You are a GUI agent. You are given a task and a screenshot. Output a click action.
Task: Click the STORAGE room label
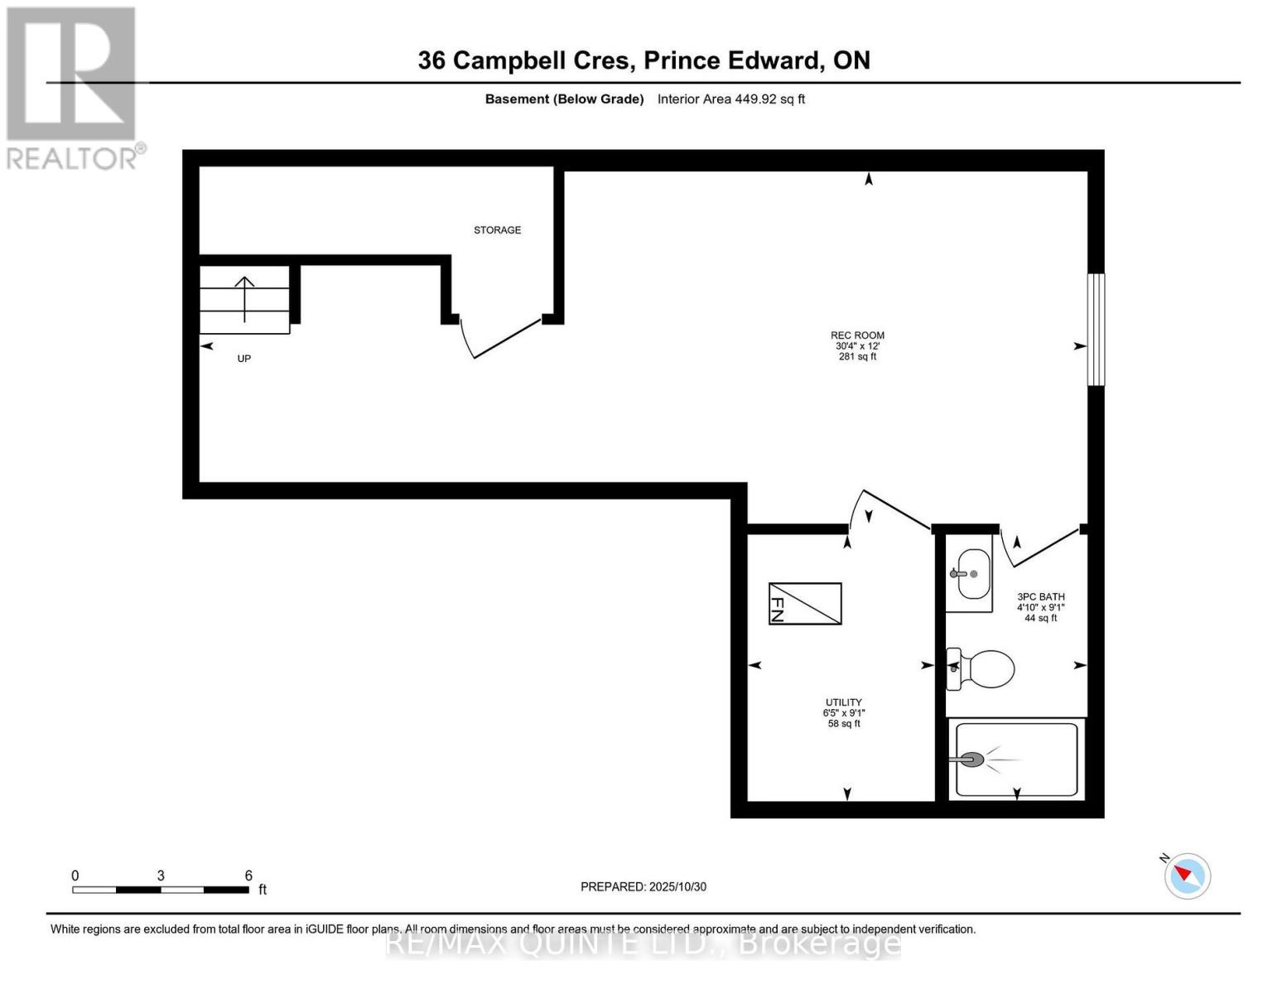(497, 230)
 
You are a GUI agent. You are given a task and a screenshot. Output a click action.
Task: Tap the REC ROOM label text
(857, 335)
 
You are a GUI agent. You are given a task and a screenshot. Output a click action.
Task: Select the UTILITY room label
(843, 702)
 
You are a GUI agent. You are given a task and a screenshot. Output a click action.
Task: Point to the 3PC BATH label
(1040, 597)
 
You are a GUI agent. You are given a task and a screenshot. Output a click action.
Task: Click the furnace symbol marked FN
(805, 603)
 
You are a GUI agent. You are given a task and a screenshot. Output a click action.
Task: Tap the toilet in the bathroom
(983, 668)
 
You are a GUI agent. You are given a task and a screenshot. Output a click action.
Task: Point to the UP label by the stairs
(243, 359)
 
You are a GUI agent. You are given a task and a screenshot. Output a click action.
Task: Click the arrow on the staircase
(245, 298)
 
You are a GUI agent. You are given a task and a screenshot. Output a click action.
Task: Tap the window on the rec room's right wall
(1096, 330)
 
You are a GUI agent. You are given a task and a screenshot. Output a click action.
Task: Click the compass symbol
(1188, 876)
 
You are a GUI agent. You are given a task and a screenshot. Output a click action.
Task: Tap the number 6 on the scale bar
(248, 876)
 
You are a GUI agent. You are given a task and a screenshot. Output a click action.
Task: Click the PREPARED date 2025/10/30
(677, 887)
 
